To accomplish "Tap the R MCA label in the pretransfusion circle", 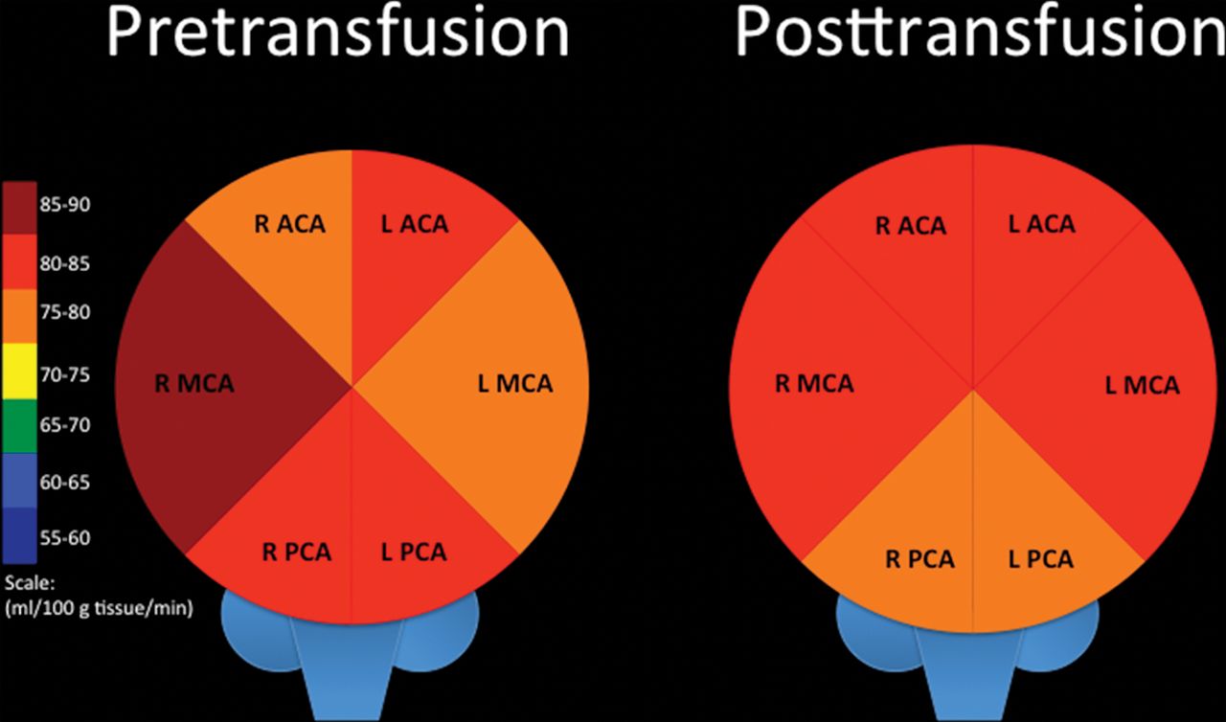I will pyautogui.click(x=194, y=385).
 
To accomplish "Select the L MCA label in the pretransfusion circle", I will pyautogui.click(x=515, y=384).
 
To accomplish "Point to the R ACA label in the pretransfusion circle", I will pyautogui.click(x=289, y=225).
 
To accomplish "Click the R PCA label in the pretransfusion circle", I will pyautogui.click(x=297, y=553).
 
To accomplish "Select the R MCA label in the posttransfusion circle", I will pyautogui.click(x=814, y=385).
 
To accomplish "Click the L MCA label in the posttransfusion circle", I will pyautogui.click(x=1142, y=386).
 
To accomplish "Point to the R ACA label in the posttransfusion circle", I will pyautogui.click(x=910, y=226).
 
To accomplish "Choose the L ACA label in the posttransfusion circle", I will pyautogui.click(x=1041, y=224).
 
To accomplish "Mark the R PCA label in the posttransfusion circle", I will pyautogui.click(x=919, y=558).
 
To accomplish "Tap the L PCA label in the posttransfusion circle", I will pyautogui.click(x=1040, y=558).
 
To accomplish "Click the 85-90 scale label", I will pyautogui.click(x=66, y=204).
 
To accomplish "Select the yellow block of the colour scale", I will pyautogui.click(x=20, y=373).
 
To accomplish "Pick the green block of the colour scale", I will pyautogui.click(x=20, y=424).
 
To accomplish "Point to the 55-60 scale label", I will pyautogui.click(x=66, y=537).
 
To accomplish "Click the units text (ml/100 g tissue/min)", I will pyautogui.click(x=100, y=608).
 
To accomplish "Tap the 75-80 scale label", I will pyautogui.click(x=66, y=315).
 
